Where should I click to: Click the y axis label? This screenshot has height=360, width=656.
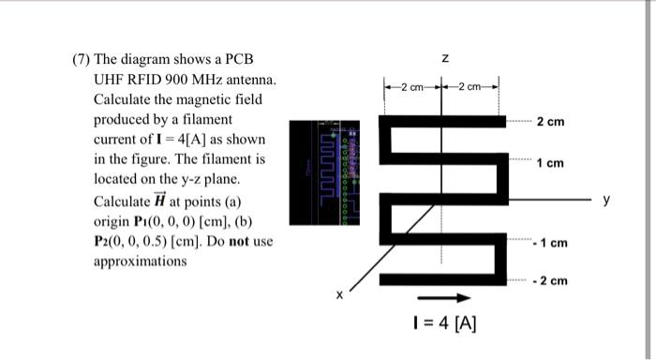pos(606,199)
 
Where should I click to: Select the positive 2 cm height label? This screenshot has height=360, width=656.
pos(551,123)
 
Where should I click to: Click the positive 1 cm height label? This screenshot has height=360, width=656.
pos(551,163)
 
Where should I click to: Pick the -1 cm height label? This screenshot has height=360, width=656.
pos(550,243)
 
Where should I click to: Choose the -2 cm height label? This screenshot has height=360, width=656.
pos(550,281)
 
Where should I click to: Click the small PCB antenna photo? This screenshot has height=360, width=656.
pos(323,171)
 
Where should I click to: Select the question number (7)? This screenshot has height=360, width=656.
pos(83,60)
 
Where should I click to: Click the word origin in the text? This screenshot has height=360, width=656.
pos(112,220)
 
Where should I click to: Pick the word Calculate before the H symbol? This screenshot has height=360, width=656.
pos(121,201)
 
